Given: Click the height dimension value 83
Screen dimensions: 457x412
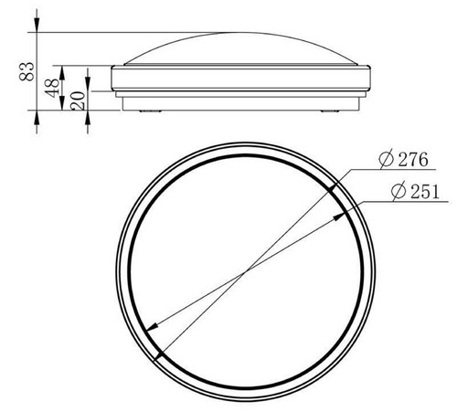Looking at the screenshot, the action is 27,71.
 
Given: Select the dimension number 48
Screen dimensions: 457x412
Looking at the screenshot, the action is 52,88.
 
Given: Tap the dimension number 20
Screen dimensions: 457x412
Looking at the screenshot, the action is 78,100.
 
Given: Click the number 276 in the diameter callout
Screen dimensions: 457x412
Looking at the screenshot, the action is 413,159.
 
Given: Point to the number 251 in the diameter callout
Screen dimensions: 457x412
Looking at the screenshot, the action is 425,192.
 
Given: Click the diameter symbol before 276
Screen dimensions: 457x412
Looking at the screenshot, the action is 387,159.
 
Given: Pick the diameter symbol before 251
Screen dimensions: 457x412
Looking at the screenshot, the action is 399,191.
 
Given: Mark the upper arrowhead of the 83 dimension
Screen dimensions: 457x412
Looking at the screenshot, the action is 37,25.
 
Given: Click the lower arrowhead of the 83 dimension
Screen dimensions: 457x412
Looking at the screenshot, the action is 37,118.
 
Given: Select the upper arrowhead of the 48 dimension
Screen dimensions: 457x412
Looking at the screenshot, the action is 62,73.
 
